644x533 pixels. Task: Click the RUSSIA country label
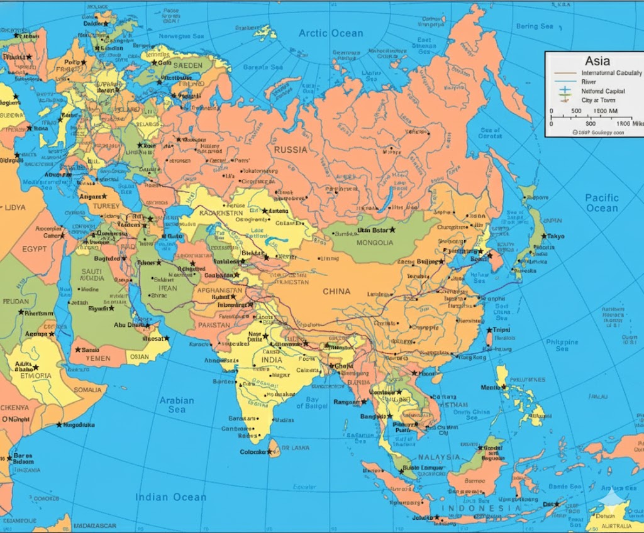[x=290, y=150]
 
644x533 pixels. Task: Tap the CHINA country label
[x=336, y=292]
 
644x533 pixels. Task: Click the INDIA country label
[x=272, y=360]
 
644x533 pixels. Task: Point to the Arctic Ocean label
[x=330, y=33]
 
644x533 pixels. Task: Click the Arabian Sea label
[x=177, y=405]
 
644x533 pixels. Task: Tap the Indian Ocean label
[x=170, y=497]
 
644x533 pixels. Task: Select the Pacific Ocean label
[x=602, y=202]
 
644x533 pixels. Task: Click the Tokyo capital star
[x=543, y=236]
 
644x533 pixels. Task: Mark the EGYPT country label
[x=35, y=249]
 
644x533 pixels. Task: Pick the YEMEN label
[x=98, y=359]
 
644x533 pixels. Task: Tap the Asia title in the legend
[x=597, y=61]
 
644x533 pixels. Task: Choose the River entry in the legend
[x=589, y=82]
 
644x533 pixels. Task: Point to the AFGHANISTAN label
[x=219, y=290]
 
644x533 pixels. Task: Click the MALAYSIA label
[x=440, y=457]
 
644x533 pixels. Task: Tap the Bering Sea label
[x=535, y=26]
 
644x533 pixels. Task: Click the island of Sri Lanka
[x=274, y=447]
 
